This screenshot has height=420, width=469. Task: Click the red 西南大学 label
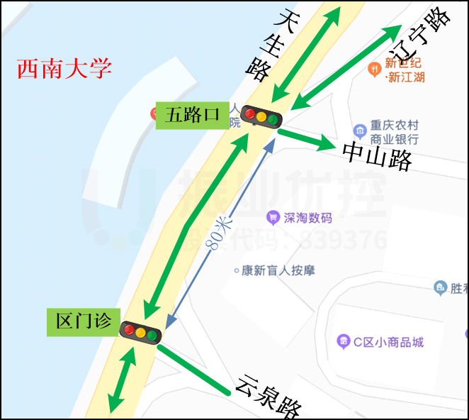(64, 69)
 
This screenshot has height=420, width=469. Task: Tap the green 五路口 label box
(192, 115)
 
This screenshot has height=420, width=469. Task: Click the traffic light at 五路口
(261, 116)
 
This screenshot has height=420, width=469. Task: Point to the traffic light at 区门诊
(141, 333)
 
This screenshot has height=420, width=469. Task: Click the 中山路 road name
(377, 155)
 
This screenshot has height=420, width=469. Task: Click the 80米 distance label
(219, 233)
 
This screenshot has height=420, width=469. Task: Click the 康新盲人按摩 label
(278, 270)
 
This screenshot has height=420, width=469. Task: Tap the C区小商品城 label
(388, 342)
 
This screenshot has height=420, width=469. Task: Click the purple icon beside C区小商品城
(344, 342)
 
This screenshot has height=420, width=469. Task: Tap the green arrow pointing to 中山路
(306, 140)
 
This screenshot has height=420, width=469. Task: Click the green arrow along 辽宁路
(347, 67)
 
